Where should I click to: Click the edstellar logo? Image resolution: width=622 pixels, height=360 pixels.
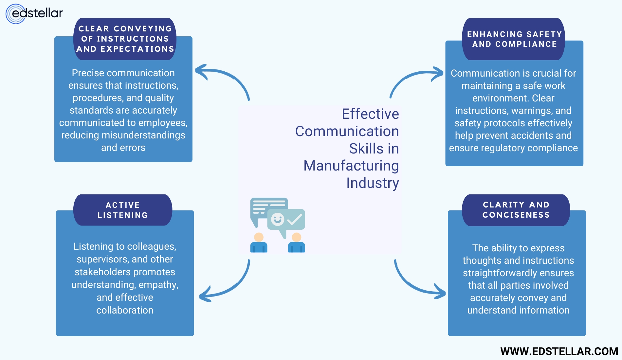34,14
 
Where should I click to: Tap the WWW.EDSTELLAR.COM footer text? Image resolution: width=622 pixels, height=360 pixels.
559,351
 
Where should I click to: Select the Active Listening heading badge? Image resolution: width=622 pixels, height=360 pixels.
123,210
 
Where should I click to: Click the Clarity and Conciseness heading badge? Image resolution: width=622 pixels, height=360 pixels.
516,210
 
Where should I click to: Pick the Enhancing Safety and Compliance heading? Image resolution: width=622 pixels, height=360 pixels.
514,39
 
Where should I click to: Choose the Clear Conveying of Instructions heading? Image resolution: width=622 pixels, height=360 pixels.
125,39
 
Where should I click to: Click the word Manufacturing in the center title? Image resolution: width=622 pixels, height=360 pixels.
351,166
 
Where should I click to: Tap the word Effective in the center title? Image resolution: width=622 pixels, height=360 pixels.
370,114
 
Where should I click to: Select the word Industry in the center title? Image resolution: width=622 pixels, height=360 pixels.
372,183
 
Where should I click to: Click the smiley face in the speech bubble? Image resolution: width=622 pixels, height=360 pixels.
277,219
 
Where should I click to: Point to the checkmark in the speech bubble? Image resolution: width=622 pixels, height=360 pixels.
295,219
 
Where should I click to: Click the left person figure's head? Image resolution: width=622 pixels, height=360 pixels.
259,237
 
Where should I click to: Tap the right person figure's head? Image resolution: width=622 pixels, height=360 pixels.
297,237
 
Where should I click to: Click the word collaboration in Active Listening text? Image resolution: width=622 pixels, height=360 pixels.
125,310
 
